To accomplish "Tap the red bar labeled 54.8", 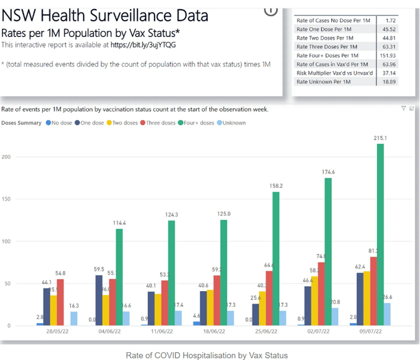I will (60, 302).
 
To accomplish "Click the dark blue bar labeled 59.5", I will (99, 300).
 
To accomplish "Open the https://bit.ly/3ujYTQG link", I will (143, 45).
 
